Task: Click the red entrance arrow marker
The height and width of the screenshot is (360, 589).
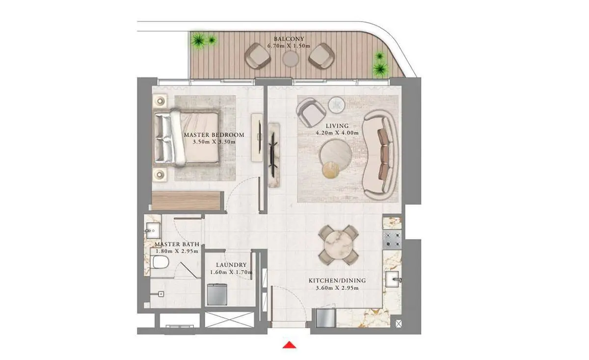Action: (289, 345)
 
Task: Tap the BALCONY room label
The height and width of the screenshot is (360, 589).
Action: (289, 39)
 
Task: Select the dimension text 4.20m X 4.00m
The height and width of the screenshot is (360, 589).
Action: (337, 133)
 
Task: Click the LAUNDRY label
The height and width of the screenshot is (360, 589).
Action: (231, 265)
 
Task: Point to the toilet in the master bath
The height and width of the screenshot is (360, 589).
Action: (160, 262)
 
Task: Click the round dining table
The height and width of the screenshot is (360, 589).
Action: (338, 245)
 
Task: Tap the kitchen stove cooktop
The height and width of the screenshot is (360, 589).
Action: (392, 240)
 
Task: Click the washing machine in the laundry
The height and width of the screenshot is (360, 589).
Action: (217, 294)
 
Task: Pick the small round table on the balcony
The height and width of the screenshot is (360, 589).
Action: (291, 58)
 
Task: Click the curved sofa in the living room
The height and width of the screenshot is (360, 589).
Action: (379, 155)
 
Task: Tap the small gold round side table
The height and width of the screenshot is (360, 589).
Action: (331, 170)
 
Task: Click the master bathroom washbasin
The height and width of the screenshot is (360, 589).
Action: (153, 230)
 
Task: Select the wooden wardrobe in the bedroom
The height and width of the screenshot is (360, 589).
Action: (186, 201)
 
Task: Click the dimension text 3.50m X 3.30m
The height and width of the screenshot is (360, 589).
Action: (214, 142)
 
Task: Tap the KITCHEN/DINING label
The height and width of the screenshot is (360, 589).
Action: (337, 280)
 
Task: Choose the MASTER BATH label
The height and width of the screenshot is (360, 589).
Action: (177, 244)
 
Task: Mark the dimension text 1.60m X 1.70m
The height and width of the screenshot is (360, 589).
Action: (231, 272)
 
